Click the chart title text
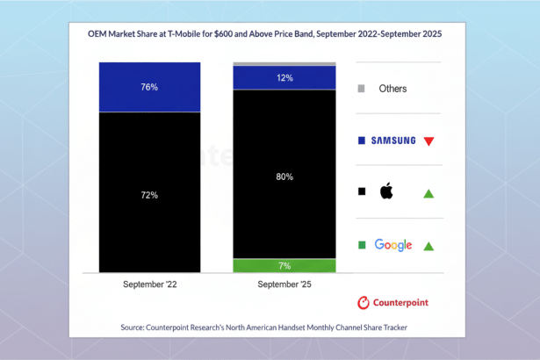pos(270,34)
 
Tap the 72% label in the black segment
pos(149,194)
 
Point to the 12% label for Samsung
pos(284,78)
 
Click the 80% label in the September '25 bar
pos(284,176)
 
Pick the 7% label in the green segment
pos(284,265)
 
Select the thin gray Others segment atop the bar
pos(284,64)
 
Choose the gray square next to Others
pos(362,89)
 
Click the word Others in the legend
pos(392,89)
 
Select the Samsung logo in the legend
pos(392,140)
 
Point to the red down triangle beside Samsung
pos(428,140)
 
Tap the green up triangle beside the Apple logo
pos(428,193)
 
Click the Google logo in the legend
pos(392,245)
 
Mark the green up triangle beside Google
pos(428,246)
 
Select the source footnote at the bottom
pos(270,328)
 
